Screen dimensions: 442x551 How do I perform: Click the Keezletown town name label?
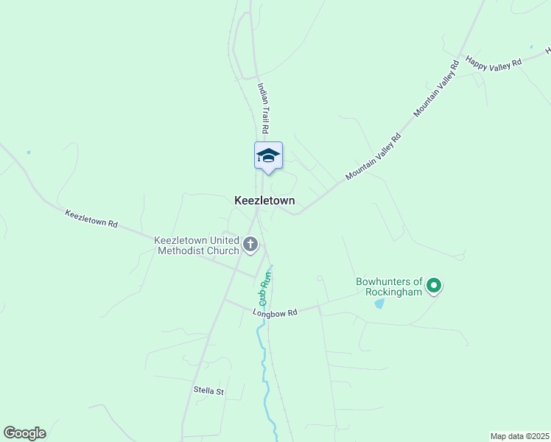pos(264,200)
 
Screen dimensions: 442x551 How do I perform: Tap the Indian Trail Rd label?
pos(264,102)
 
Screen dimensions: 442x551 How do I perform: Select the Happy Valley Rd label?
pos(494,62)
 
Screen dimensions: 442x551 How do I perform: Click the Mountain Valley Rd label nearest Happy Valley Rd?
pos(437,89)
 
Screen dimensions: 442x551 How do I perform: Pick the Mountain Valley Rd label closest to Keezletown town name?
pos(373,157)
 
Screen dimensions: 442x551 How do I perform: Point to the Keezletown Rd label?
pos(91,219)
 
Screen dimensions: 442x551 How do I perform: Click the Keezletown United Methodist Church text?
pos(197,245)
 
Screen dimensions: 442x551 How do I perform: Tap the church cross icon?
pos(250,245)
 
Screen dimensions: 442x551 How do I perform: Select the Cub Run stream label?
pos(265,290)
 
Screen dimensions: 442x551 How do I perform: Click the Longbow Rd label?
pos(275,313)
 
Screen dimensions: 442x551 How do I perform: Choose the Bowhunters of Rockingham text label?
pos(390,287)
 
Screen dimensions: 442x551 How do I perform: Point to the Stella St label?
pos(208,391)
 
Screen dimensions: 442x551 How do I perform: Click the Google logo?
pos(24,433)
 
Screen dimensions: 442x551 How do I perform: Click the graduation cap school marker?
pos(268,155)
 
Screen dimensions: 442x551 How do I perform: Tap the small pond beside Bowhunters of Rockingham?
pos(379,304)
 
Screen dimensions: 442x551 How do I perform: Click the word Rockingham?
pos(394,292)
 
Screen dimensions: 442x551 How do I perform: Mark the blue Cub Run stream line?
pos(262,346)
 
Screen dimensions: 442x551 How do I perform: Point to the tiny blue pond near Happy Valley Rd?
pos(530,46)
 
